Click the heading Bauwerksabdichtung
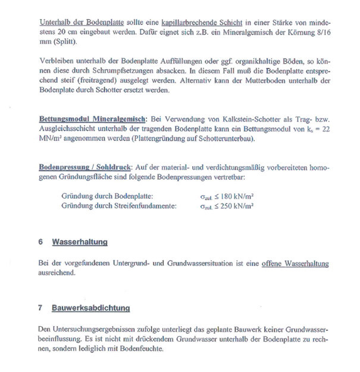click(x=90, y=308)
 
